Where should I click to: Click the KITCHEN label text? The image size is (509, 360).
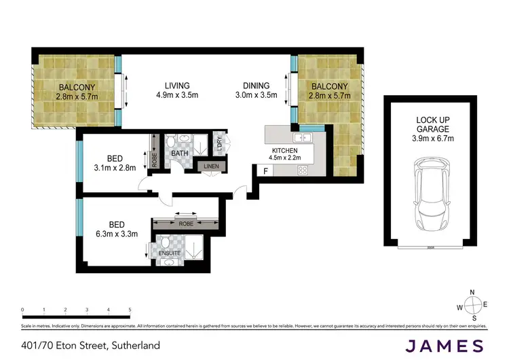[x=285, y=150]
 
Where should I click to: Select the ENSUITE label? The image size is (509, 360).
[x=170, y=253]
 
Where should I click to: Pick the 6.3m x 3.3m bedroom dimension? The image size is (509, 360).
[x=116, y=234]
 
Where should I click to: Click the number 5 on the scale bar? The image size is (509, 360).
[x=129, y=310]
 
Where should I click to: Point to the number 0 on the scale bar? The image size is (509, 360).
[x=22, y=310]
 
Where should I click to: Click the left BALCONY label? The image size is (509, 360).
[x=77, y=86]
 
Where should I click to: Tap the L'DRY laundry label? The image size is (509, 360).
[x=219, y=142]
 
